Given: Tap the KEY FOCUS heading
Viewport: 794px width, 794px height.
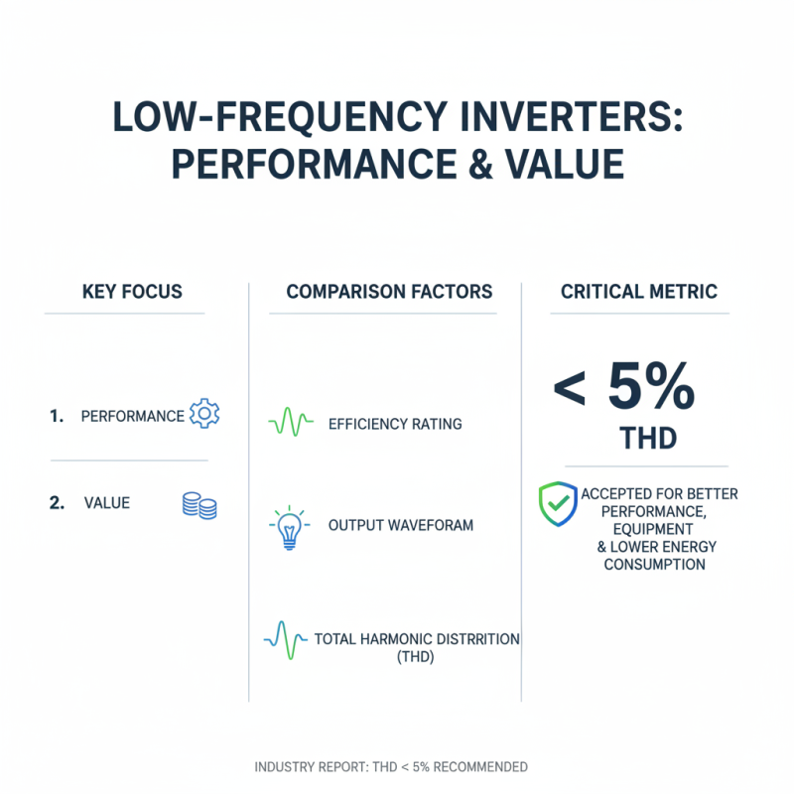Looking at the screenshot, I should coord(132,292).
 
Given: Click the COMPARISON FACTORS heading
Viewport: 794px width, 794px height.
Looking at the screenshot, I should coord(389,292).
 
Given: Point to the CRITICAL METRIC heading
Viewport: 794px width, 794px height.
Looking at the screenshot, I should coord(638,292).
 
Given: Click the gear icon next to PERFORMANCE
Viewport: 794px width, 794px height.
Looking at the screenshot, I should coord(204,414).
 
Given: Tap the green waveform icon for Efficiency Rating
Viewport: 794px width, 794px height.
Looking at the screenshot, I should coord(291,424).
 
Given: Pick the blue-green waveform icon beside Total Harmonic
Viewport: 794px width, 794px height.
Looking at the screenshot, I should coord(286,639).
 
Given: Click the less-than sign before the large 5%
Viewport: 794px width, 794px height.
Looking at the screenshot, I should coord(570,391).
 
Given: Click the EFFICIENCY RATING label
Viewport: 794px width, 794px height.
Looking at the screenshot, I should coord(395,424).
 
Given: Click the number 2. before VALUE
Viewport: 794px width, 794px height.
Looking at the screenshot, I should coord(57,503).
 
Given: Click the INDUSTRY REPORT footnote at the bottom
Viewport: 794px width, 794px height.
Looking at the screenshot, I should coord(391,767).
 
